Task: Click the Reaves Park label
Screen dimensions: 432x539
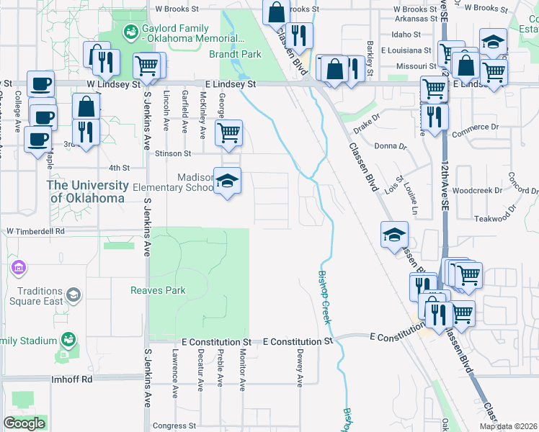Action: pyautogui.click(x=158, y=291)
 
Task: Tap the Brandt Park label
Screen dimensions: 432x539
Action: pyautogui.click(x=235, y=54)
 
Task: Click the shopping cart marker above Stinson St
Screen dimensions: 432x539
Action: pyautogui.click(x=228, y=133)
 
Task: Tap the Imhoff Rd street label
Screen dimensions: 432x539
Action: pyautogui.click(x=72, y=379)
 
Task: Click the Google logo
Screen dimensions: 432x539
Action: pyautogui.click(x=24, y=423)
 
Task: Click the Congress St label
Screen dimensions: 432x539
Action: pyautogui.click(x=169, y=426)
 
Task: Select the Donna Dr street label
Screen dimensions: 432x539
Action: pyautogui.click(x=391, y=146)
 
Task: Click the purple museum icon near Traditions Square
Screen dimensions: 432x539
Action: pyautogui.click(x=19, y=269)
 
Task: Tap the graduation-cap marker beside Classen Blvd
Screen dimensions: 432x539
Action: pyautogui.click(x=395, y=235)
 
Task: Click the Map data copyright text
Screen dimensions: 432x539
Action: pyautogui.click(x=508, y=426)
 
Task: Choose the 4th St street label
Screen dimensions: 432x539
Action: pyautogui.click(x=120, y=168)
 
